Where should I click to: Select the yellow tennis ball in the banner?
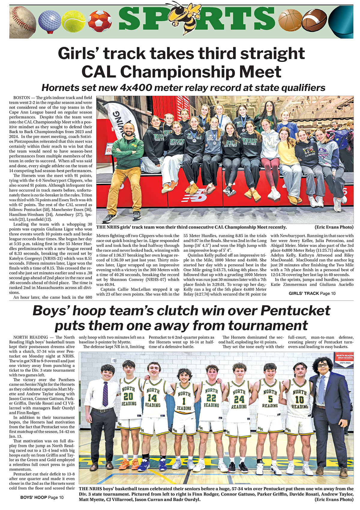73,21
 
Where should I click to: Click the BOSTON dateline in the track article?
22,98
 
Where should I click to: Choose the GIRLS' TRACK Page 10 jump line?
312,293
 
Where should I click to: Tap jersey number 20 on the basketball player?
128,396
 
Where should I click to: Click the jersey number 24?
239,399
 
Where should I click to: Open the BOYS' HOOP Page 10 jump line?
42,497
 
